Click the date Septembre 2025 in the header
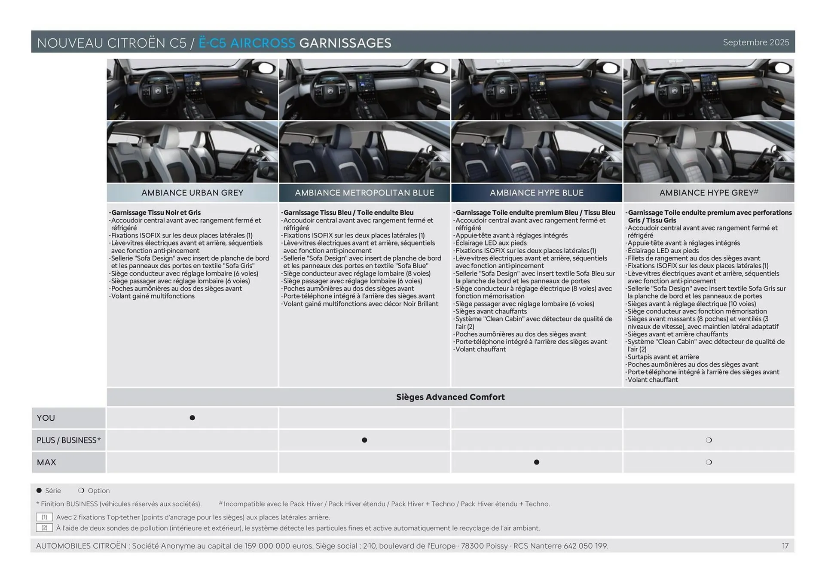click(755, 42)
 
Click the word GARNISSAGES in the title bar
click(345, 43)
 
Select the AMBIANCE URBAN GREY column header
click(192, 193)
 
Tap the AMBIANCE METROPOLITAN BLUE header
click(364, 193)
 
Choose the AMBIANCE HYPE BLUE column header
click(536, 193)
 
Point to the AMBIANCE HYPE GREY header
click(708, 193)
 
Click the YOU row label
click(46, 418)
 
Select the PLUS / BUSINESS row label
click(68, 440)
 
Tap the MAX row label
click(46, 462)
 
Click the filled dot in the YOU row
click(192, 418)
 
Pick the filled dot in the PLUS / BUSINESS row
click(364, 440)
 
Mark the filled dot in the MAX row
click(536, 462)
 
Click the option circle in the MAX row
click(709, 462)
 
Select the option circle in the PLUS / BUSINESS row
click(709, 440)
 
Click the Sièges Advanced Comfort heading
click(450, 397)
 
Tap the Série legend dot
click(39, 490)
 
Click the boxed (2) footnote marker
click(44, 528)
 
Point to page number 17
click(785, 546)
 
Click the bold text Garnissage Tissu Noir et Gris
click(156, 213)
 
